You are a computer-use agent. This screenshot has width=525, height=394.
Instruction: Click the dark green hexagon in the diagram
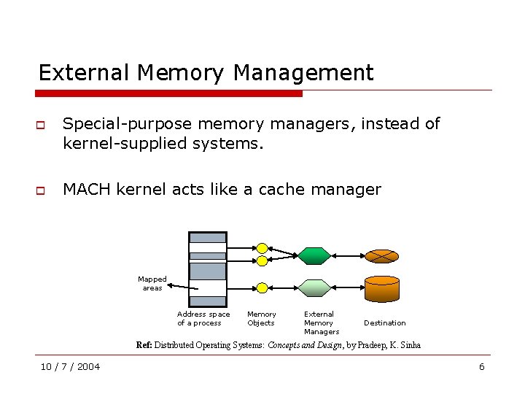pyautogui.click(x=314, y=255)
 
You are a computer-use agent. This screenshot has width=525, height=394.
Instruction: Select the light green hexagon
pyautogui.click(x=315, y=287)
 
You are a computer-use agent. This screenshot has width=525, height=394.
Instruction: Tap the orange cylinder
pyautogui.click(x=381, y=289)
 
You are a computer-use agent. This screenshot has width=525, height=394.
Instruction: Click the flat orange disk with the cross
pyautogui.click(x=381, y=256)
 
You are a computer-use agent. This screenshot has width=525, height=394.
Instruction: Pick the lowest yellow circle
pyautogui.click(x=262, y=287)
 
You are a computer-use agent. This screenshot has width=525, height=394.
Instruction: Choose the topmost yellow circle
pyautogui.click(x=262, y=249)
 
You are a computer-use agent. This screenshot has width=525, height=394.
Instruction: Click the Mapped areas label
pyautogui.click(x=152, y=283)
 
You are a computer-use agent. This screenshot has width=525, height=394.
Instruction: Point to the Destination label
pyautogui.click(x=385, y=322)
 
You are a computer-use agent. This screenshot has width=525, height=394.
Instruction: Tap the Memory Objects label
pyautogui.click(x=261, y=318)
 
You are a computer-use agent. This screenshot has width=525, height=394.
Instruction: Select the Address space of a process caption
pyautogui.click(x=203, y=318)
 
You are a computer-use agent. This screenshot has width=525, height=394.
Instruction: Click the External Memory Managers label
pyautogui.click(x=321, y=322)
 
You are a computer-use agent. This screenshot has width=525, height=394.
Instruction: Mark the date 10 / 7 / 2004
pyautogui.click(x=71, y=366)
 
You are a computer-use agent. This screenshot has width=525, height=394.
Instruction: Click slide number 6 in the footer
pyautogui.click(x=481, y=366)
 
